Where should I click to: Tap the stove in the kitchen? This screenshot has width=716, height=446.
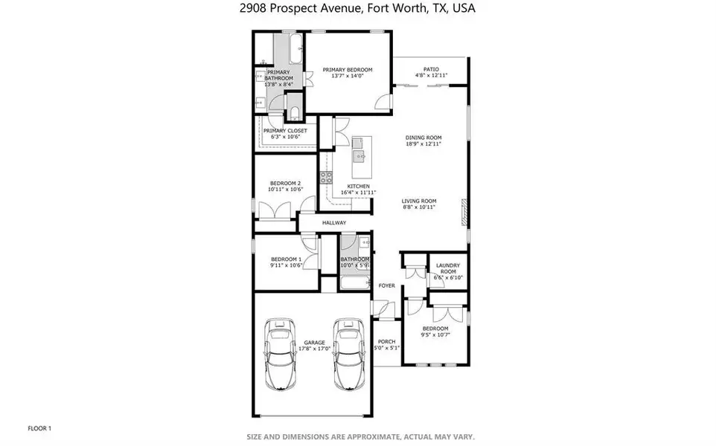point(325,177)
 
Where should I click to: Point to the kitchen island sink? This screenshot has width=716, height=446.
point(359,156)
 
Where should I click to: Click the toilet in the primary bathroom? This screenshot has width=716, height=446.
point(293,112)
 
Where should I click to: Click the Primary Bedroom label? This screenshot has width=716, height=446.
point(348,70)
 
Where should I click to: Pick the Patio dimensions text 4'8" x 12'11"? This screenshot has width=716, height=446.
point(431,75)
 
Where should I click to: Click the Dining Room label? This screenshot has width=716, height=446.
point(423,138)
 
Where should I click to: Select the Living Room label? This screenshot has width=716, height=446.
point(419,201)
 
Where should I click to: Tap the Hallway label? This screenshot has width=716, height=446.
point(334,222)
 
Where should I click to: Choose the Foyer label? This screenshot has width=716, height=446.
point(386,285)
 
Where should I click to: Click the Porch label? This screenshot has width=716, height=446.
point(386,341)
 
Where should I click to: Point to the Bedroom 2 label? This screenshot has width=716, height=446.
point(285,183)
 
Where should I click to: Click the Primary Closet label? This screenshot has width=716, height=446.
point(285,131)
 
